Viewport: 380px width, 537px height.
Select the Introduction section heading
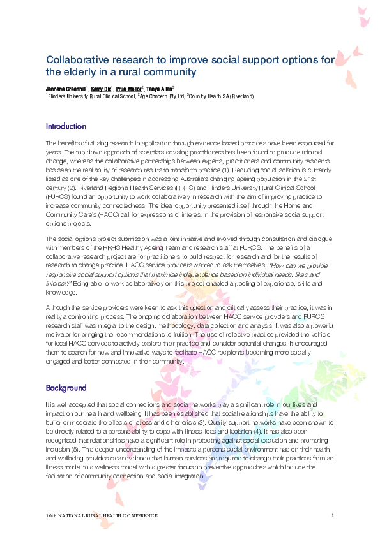65,126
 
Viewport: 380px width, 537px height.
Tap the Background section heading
65,388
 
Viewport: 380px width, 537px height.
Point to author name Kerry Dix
101,89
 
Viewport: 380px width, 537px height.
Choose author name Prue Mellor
130,89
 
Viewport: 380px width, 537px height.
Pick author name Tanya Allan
160,89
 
